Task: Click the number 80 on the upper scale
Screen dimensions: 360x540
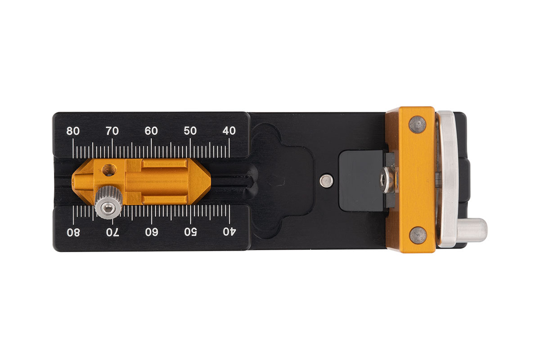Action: [x=73, y=131]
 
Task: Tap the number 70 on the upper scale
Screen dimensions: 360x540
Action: [x=112, y=131]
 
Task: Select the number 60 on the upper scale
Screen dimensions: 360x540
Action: [x=151, y=131]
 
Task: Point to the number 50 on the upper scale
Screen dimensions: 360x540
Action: [x=190, y=131]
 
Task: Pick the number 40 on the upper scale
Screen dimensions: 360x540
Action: [x=229, y=131]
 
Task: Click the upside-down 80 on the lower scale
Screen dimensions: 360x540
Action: [x=73, y=232]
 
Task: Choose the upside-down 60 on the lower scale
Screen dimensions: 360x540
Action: [x=151, y=232]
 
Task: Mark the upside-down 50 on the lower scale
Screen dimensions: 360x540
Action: [x=190, y=232]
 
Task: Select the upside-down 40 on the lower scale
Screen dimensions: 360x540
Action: [x=229, y=232]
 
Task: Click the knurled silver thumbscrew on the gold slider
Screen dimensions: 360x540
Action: [x=108, y=203]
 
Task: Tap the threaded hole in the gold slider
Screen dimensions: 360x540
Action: [x=108, y=170]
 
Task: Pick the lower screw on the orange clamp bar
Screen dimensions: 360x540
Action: [x=418, y=235]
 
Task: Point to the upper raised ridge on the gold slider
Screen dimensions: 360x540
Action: [x=164, y=165]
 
